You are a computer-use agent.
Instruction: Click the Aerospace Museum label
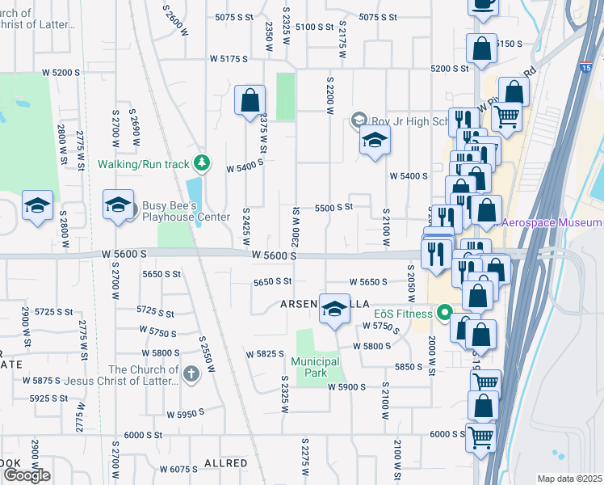552,222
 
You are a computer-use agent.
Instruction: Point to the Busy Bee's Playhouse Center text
187,211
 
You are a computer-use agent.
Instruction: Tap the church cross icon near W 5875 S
190,373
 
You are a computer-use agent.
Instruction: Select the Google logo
27,474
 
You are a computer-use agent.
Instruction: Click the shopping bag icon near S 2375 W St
250,102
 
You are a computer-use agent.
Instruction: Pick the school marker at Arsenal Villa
334,309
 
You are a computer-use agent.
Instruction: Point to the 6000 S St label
447,434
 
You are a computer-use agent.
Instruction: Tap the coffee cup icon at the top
483,4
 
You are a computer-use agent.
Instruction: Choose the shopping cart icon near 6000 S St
481,437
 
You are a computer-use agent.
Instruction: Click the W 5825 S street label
266,354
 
